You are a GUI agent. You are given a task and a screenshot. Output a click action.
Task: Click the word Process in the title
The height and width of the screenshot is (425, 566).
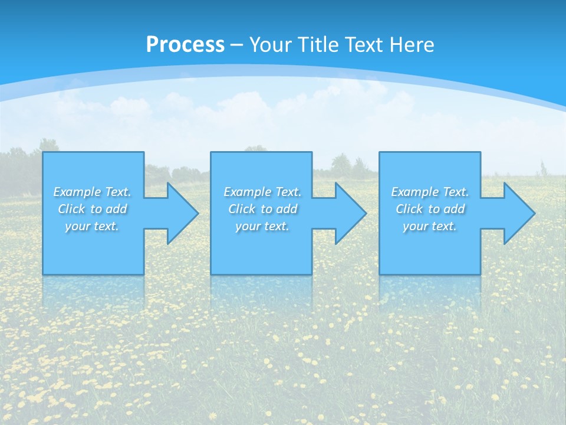point(185,45)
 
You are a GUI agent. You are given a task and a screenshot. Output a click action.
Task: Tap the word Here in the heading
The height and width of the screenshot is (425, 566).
point(412,45)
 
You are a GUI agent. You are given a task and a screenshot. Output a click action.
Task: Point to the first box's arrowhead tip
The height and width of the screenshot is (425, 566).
point(198,213)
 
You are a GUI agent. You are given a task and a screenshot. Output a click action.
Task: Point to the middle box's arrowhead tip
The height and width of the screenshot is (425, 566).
point(366,213)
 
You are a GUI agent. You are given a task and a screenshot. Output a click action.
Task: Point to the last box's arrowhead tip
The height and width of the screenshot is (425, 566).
point(534,213)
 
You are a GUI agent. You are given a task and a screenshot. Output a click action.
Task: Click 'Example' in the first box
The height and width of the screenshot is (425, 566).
point(77,192)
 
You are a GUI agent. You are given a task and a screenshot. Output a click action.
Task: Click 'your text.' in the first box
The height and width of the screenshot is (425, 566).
point(92,226)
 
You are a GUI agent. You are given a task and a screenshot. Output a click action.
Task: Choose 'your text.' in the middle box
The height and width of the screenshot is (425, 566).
point(262,226)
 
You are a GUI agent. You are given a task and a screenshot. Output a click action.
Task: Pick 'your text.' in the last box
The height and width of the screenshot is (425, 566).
point(430,226)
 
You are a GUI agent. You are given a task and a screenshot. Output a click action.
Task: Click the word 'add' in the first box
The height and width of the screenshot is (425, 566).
point(116,209)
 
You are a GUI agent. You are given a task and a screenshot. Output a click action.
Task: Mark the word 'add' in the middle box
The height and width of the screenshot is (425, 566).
point(287,209)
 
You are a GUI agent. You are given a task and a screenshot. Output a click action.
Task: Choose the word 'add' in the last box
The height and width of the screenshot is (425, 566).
point(454,209)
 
